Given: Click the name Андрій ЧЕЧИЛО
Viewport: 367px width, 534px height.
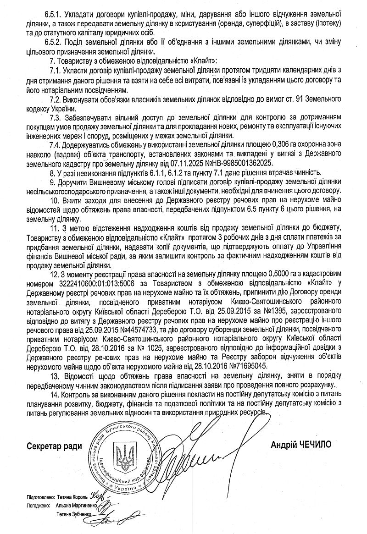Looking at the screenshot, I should click(300, 444).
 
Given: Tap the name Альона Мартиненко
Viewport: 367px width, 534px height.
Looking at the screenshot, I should click(76, 506).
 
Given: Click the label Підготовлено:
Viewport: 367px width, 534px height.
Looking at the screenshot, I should click(41, 497).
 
